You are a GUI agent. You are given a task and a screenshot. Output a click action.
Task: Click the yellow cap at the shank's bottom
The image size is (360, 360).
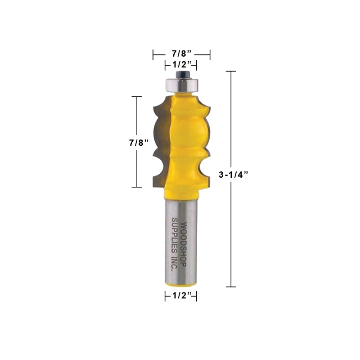tap(180, 283)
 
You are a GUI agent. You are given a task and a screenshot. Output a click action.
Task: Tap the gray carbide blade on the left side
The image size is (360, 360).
tap(158, 144)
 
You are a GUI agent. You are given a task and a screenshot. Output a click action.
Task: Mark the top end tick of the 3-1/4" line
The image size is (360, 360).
tap(231, 72)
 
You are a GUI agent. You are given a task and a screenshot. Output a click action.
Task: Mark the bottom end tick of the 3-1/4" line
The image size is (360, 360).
tap(231, 287)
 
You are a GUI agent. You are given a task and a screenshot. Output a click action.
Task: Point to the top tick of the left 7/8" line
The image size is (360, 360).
tap(136, 97)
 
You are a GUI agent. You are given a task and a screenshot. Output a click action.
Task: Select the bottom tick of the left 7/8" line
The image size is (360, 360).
tap(136, 187)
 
